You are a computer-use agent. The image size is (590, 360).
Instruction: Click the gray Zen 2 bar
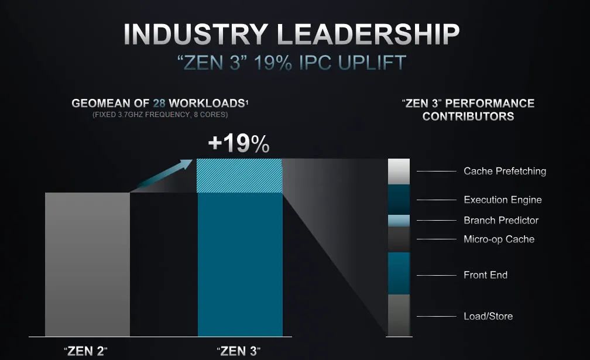87,265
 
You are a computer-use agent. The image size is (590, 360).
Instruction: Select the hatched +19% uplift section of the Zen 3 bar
239,176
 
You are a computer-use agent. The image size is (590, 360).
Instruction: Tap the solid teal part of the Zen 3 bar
240,265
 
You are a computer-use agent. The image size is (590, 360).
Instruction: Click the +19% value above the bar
239,143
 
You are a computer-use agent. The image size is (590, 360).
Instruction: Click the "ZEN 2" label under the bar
86,351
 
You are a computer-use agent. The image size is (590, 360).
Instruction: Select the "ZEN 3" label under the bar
239,351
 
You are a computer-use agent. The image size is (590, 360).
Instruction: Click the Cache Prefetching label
505,171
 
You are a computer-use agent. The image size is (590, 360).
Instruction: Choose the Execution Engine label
503,200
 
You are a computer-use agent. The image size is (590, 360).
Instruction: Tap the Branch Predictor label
501,220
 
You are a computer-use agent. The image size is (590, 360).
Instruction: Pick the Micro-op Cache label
499,239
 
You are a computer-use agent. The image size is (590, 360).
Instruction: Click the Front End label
485,275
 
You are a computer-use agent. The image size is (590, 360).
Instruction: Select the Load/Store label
488,316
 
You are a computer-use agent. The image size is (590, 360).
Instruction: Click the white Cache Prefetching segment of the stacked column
399,172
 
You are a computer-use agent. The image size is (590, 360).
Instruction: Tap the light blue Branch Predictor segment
399,221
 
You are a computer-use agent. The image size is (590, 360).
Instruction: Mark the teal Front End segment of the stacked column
399,273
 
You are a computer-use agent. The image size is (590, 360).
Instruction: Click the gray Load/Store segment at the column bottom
399,316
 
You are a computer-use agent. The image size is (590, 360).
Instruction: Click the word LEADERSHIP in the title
368,34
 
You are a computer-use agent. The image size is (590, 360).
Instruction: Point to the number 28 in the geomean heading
159,103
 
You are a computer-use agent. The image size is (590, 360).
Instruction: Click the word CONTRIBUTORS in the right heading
468,116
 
